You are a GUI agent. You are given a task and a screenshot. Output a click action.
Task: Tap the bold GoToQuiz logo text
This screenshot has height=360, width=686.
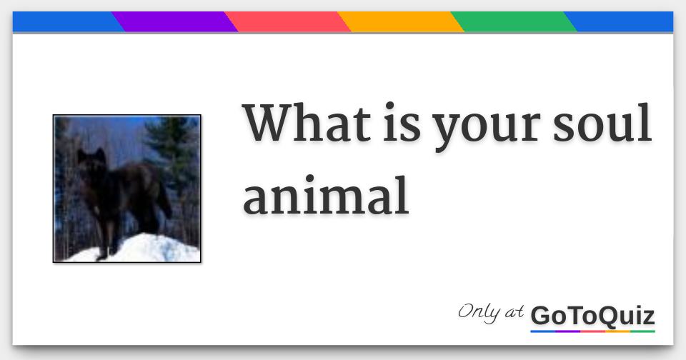(592, 315)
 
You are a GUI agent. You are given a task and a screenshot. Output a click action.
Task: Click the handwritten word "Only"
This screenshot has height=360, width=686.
(479, 313)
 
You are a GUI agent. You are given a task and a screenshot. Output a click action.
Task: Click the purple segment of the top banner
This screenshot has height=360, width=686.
(174, 22)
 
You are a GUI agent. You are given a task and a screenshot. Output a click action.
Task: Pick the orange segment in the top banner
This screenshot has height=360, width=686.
(400, 22)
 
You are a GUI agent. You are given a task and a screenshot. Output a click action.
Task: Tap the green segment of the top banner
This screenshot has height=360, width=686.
(513, 22)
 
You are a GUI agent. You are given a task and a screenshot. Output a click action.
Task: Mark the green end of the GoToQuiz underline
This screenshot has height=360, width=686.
(642, 331)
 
